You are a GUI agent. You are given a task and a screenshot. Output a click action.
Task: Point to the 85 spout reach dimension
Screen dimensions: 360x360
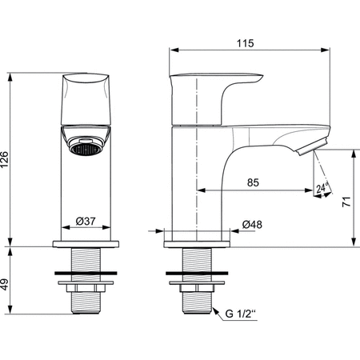click(x=252, y=182)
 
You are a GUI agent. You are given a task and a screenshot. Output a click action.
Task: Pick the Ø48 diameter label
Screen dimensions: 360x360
click(x=254, y=226)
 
